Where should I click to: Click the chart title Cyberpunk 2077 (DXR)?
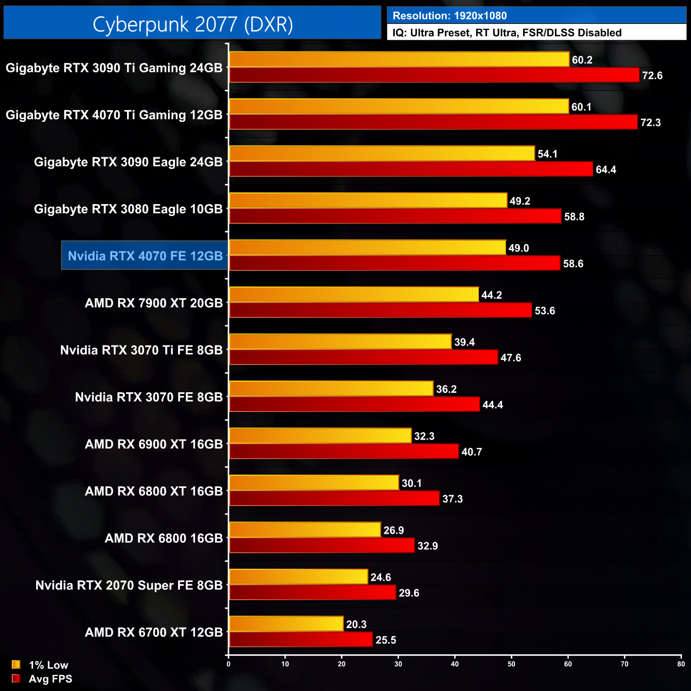pyautogui.click(x=192, y=24)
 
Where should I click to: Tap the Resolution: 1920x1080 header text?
pyautogui.click(x=450, y=16)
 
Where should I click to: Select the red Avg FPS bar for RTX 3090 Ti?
pyautogui.click(x=434, y=75)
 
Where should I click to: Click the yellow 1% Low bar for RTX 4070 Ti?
pyautogui.click(x=399, y=106)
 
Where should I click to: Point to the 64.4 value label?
pyautogui.click(x=606, y=170)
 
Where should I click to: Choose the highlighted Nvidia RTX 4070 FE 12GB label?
pyautogui.click(x=145, y=256)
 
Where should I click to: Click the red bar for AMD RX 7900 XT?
pyautogui.click(x=380, y=310)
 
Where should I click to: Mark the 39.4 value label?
pyautogui.click(x=465, y=342)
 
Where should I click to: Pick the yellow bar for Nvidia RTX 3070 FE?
pyautogui.click(x=331, y=389)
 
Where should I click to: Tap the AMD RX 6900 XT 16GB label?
pyautogui.click(x=154, y=444)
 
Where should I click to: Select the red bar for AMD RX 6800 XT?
pyautogui.click(x=334, y=499)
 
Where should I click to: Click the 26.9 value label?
pyautogui.click(x=394, y=530)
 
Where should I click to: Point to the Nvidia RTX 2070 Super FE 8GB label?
pyautogui.click(x=129, y=585)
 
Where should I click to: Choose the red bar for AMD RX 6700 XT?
pyautogui.click(x=301, y=639)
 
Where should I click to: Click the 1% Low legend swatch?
pyautogui.click(x=16, y=664)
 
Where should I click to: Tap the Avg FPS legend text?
pyautogui.click(x=50, y=679)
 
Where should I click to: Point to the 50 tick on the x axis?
pyautogui.click(x=511, y=664)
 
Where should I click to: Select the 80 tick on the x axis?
pyautogui.click(x=681, y=664)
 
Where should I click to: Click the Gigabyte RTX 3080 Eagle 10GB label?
pyautogui.click(x=128, y=209)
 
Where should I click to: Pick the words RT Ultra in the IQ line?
pyautogui.click(x=496, y=33)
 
